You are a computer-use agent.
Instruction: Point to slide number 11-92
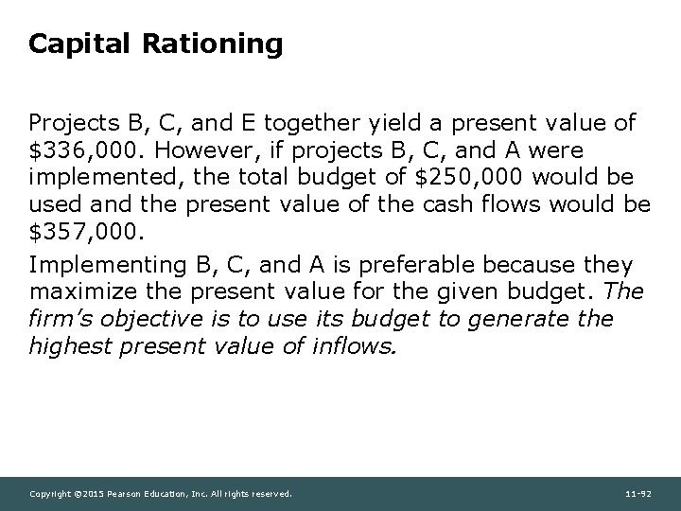(639, 494)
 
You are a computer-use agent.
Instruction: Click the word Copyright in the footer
(51, 494)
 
